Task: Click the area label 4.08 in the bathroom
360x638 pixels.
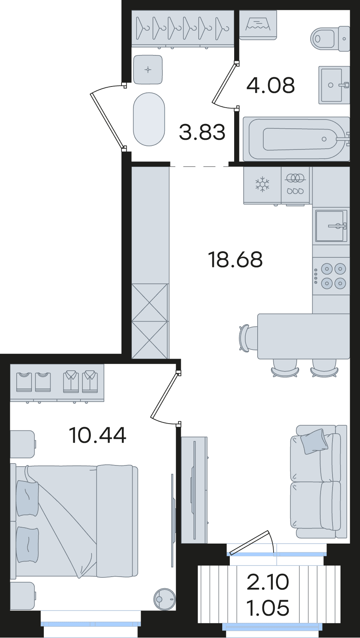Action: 270,85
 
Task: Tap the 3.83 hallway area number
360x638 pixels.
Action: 202,132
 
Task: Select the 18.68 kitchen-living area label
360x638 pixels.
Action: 235,259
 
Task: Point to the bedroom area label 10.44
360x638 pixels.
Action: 98,443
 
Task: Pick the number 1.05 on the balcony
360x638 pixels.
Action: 268,607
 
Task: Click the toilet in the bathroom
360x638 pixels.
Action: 330,39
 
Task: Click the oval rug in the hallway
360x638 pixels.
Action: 149,119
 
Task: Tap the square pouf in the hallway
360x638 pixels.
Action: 148,69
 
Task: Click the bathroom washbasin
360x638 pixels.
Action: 334,85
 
